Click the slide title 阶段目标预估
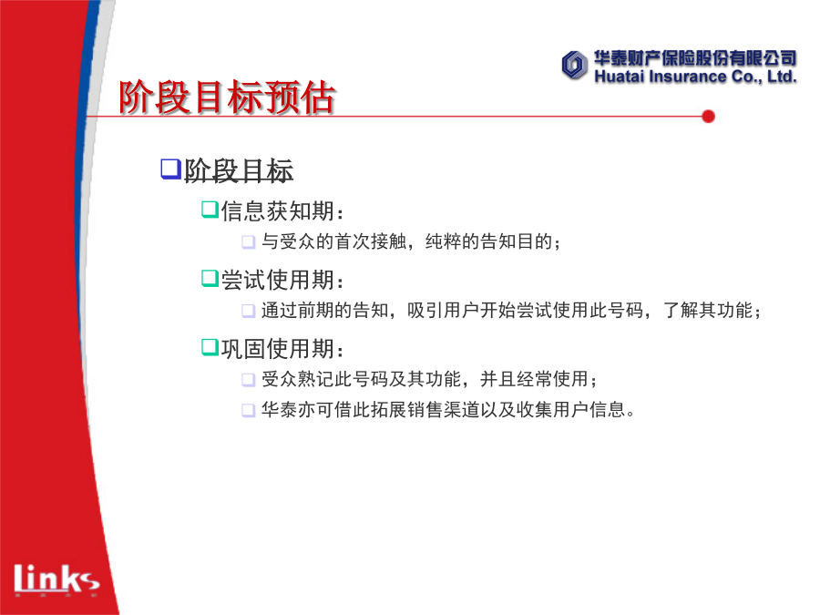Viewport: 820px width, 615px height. click(x=227, y=97)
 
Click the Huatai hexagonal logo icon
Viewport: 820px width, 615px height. click(x=574, y=66)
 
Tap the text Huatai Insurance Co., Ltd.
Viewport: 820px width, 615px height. click(x=695, y=77)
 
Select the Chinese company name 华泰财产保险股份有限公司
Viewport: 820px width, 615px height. click(x=695, y=58)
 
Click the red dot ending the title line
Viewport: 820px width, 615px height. click(x=709, y=117)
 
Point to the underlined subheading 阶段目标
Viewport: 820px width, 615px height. click(x=239, y=170)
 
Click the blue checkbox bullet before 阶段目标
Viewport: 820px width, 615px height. click(x=170, y=169)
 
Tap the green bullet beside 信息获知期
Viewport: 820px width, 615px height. click(x=210, y=210)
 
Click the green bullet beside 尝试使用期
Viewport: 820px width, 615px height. click(x=210, y=278)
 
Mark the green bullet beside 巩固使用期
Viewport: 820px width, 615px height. click(x=210, y=347)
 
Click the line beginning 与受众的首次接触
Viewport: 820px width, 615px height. click(x=411, y=241)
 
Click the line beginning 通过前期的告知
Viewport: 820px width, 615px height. click(x=511, y=311)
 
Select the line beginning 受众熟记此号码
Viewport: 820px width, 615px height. click(x=429, y=379)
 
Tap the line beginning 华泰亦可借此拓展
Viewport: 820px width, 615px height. click(x=448, y=409)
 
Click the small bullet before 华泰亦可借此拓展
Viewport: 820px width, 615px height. click(x=249, y=410)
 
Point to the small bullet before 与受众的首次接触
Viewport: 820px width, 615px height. click(x=249, y=242)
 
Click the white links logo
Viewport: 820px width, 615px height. click(x=56, y=579)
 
